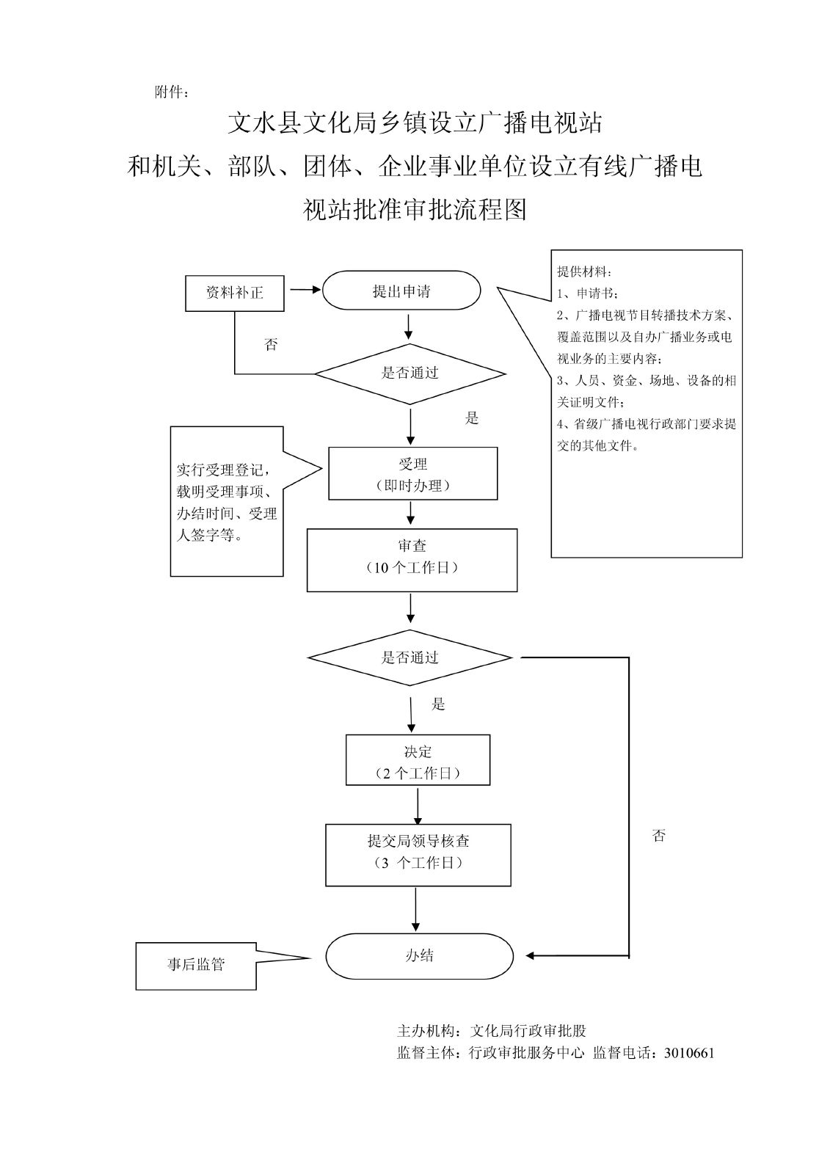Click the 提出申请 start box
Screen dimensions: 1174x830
[x=401, y=291]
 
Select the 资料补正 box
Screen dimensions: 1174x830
[x=235, y=293]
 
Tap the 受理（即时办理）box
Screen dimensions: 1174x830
[x=412, y=474]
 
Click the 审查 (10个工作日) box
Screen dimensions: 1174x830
[x=412, y=560]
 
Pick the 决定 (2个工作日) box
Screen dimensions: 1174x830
[x=418, y=762]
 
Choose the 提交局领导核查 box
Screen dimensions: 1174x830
[x=418, y=855]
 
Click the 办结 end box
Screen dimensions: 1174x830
[x=419, y=956]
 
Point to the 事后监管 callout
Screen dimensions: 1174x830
[x=196, y=965]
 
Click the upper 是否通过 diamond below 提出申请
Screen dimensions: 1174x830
[x=409, y=373]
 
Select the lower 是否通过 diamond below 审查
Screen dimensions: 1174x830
[x=409, y=657]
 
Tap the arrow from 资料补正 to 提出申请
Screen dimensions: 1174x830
[x=305, y=290]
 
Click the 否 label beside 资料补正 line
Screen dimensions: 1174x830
[x=272, y=344]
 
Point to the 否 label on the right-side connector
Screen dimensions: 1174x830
[x=658, y=835]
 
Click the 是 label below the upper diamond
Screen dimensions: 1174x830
[x=472, y=418]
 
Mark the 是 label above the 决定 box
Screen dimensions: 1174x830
[x=438, y=704]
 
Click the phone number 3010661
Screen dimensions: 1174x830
[x=688, y=1053]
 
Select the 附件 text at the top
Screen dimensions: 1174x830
[x=172, y=92]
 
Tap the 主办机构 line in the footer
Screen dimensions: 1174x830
[x=491, y=1031]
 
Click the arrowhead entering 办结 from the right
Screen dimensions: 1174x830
[x=531, y=956]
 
